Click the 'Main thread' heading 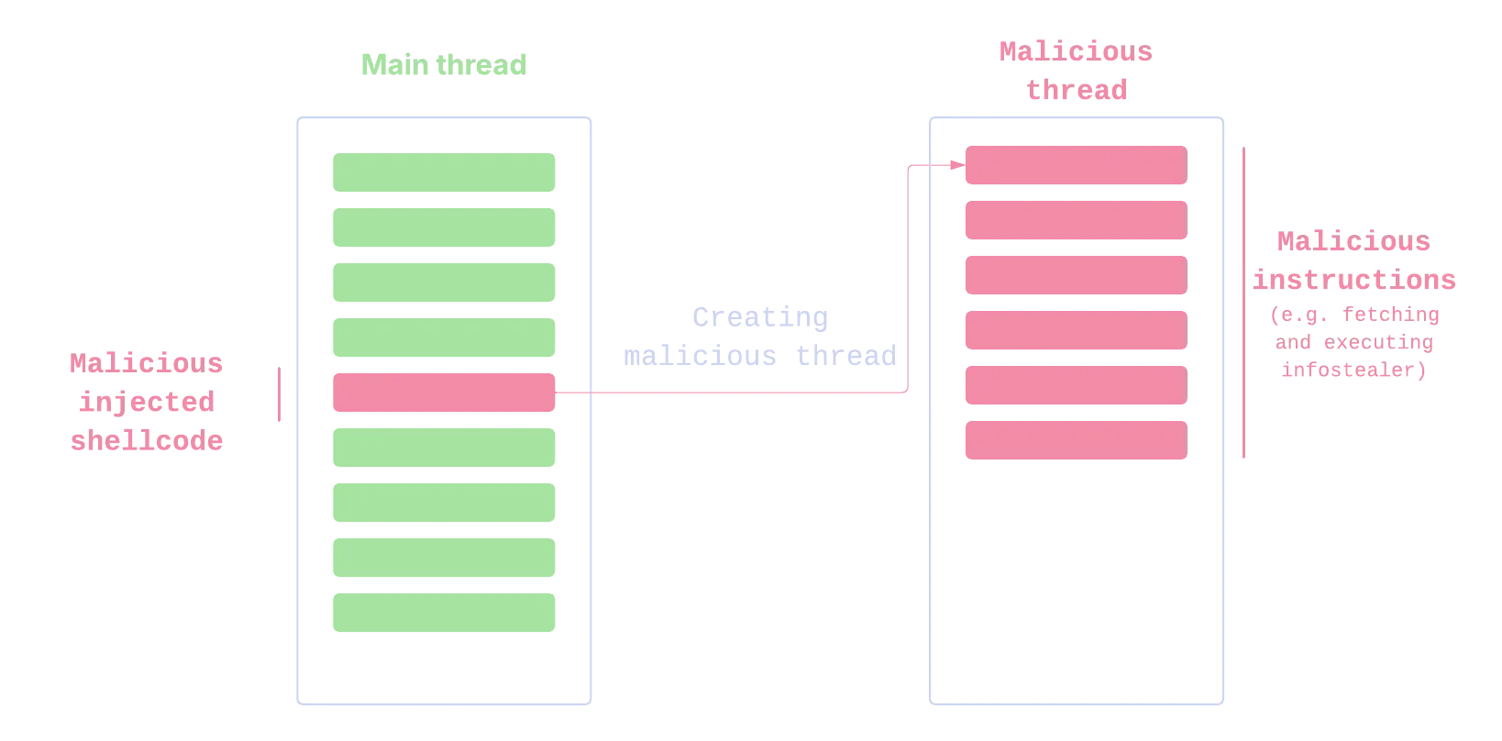tap(443, 66)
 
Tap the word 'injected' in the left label tap(146, 402)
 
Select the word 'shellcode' tap(146, 441)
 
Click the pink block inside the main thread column tap(443, 393)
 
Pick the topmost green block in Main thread tap(443, 171)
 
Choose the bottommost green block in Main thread tap(443, 613)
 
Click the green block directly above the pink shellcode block tap(443, 337)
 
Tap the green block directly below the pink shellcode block tap(443, 448)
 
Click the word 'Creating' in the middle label tap(758, 318)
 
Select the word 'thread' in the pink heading tap(1076, 90)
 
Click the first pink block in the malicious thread tap(1075, 165)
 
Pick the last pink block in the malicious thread tap(1075, 440)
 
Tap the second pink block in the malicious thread tap(1075, 220)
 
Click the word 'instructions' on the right tap(1354, 280)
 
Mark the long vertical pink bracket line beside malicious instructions tap(1243, 304)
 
